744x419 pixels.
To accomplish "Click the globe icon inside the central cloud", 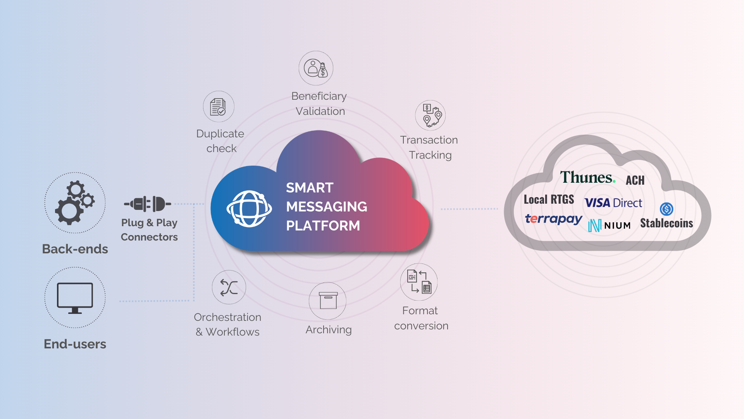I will pyautogui.click(x=249, y=209).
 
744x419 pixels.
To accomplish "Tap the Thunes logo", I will pyautogui.click(x=587, y=178).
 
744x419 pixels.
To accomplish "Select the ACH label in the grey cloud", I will pyautogui.click(x=635, y=180).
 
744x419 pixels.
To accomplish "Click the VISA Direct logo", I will pyautogui.click(x=613, y=203).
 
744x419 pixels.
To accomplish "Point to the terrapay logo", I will pyautogui.click(x=553, y=219).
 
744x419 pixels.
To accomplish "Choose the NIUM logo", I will pyautogui.click(x=609, y=225).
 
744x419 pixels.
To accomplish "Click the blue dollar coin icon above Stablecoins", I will pyautogui.click(x=666, y=209).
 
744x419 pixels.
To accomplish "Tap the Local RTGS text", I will pyautogui.click(x=549, y=200).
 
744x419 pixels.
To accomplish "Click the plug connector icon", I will pyautogui.click(x=148, y=204).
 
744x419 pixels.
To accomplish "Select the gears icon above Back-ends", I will pyautogui.click(x=75, y=203).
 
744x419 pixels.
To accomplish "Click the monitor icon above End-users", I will pyautogui.click(x=75, y=298).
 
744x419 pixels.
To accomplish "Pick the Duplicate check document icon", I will pyautogui.click(x=219, y=107).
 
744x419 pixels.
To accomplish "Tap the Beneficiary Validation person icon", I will pyautogui.click(x=316, y=68).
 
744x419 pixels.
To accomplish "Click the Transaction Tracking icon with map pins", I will pyautogui.click(x=431, y=115).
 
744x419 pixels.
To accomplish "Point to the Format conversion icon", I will pyautogui.click(x=419, y=282).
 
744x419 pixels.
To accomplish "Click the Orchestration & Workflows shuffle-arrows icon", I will pyautogui.click(x=229, y=287).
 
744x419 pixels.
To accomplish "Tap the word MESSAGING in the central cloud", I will pyautogui.click(x=326, y=207).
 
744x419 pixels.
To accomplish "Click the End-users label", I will pyautogui.click(x=75, y=344).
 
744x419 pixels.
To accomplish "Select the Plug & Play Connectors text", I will pyautogui.click(x=149, y=230).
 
